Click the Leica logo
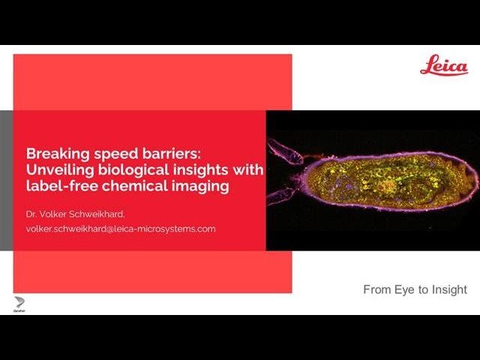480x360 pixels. [x=443, y=65]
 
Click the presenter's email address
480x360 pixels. [x=121, y=228]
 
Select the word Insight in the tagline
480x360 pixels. [x=449, y=289]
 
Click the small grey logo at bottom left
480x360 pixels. [x=20, y=303]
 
